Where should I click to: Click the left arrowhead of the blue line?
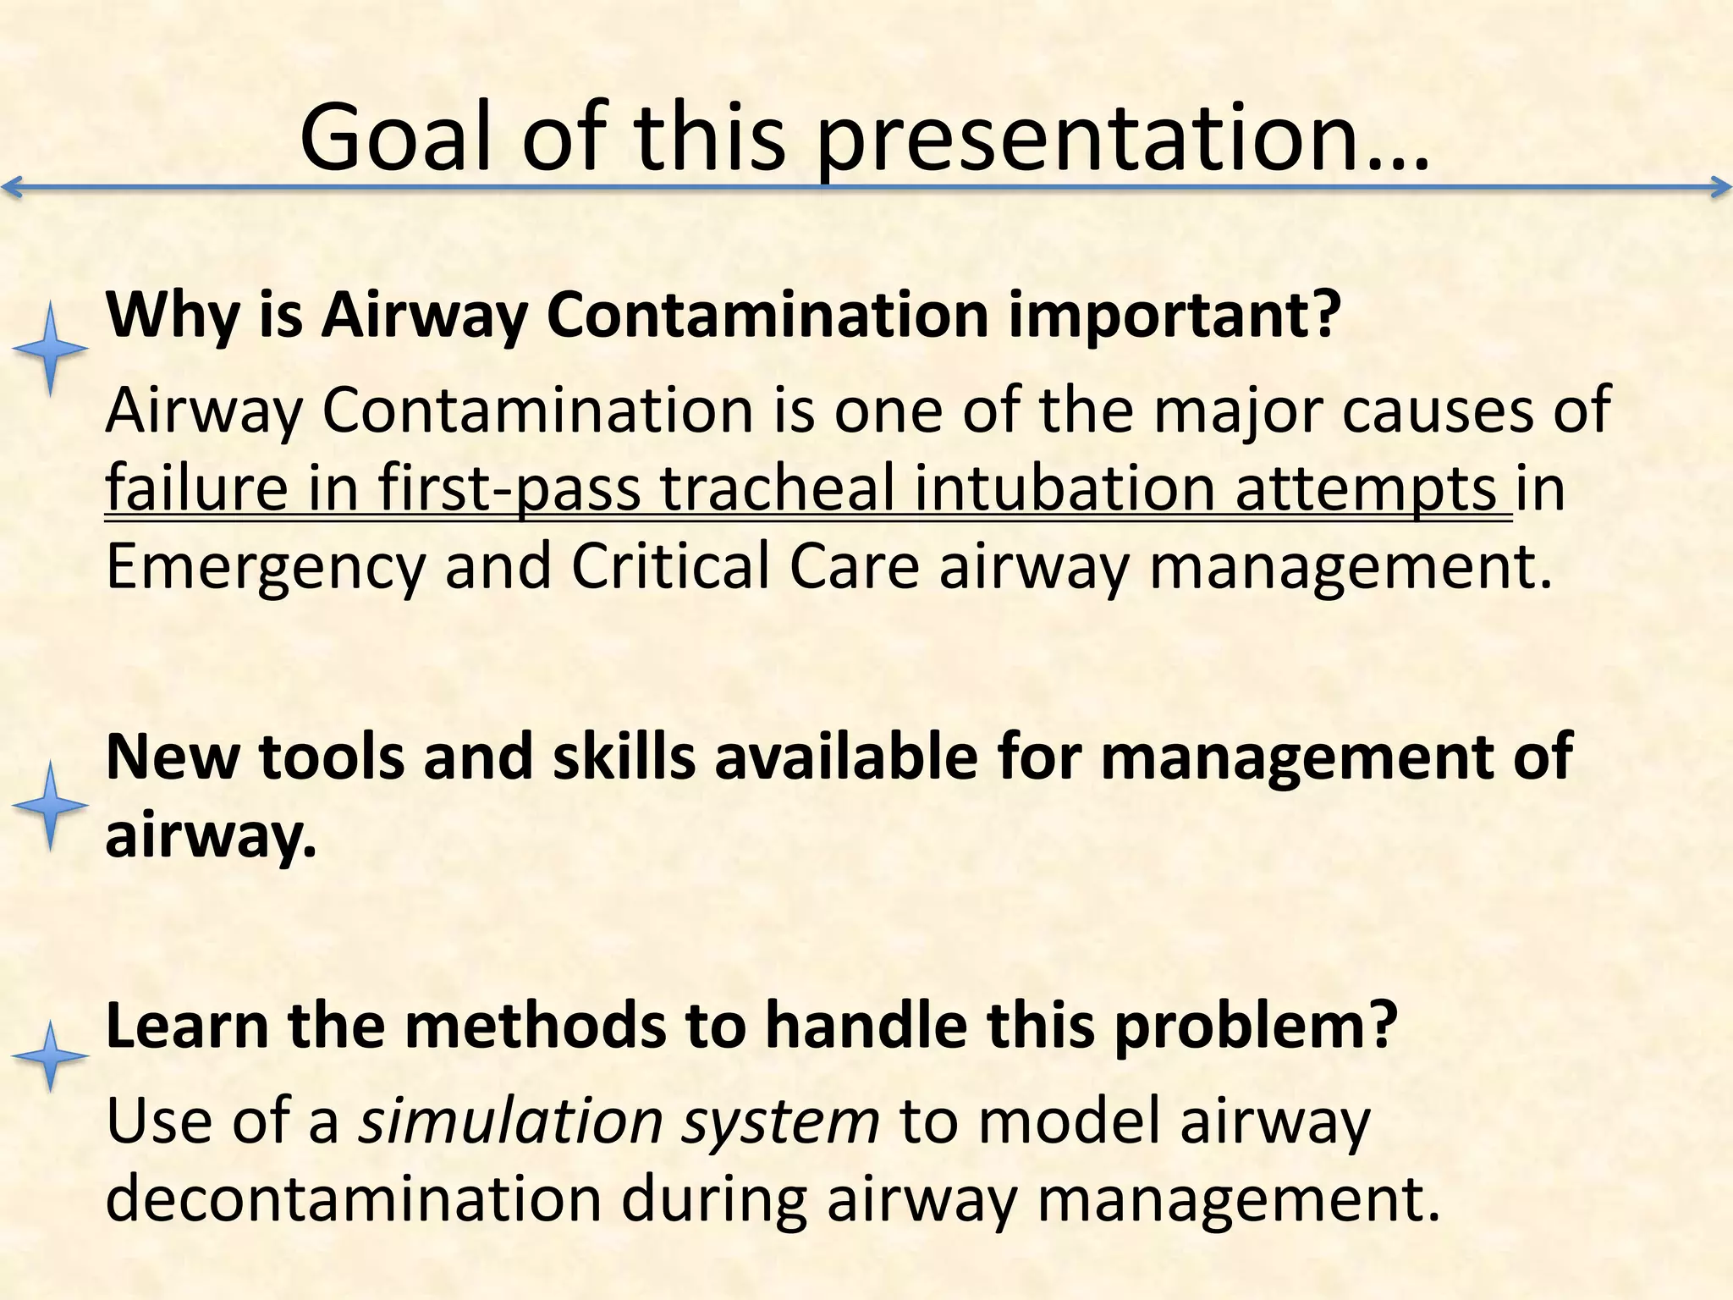coord(12,187)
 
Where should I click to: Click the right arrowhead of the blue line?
coord(1721,187)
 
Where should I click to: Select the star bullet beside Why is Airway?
coord(51,350)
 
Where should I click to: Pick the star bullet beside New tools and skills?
coord(51,806)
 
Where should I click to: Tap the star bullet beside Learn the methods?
coord(51,1056)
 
